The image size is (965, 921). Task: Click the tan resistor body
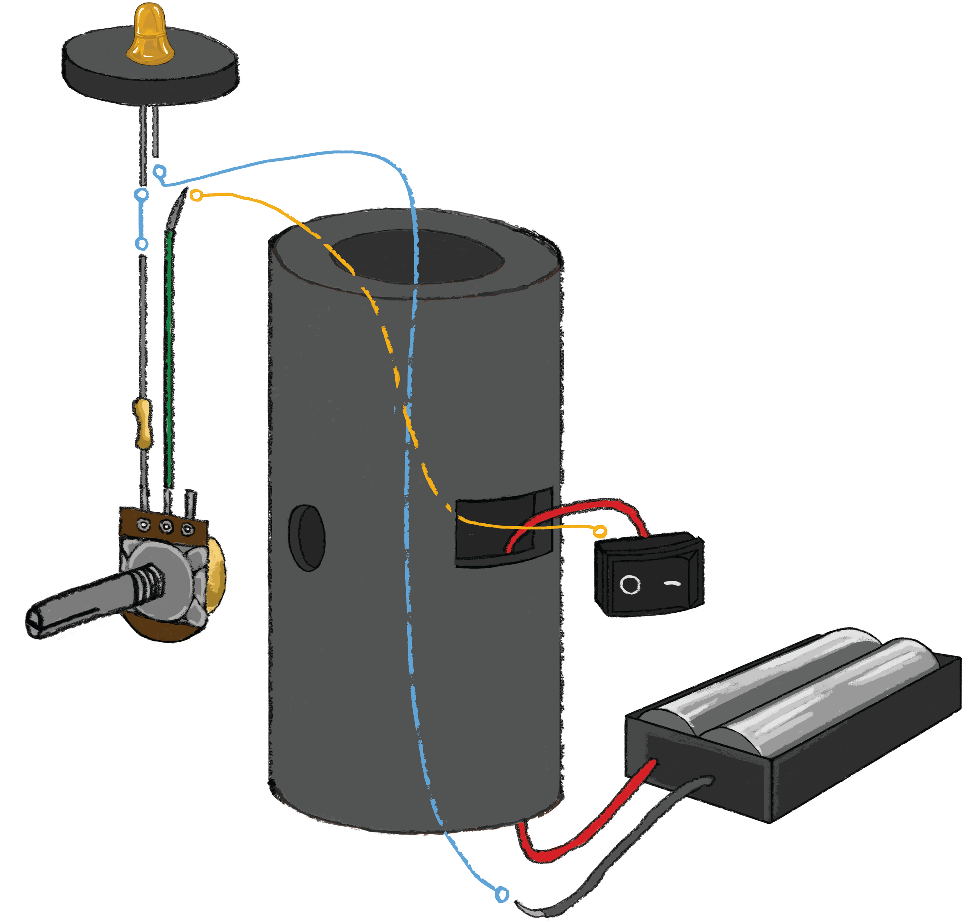coord(142,423)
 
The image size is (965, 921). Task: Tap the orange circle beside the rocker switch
coord(600,531)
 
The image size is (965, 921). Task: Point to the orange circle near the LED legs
coord(196,195)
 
